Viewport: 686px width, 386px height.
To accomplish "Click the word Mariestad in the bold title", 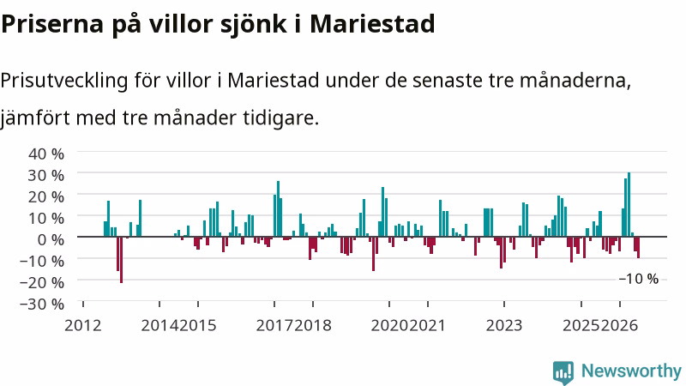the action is [372, 24].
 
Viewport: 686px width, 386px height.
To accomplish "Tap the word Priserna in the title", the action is [51, 24].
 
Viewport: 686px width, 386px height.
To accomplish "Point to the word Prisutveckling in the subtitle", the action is [63, 81].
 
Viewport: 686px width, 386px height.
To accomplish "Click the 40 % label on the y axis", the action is [46, 154].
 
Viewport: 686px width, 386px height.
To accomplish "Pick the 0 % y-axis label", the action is [51, 239].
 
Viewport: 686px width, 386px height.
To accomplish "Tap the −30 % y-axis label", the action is [41, 304].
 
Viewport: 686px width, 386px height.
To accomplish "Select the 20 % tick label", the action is [46, 196].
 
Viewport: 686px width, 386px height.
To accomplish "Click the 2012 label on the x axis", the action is [82, 326].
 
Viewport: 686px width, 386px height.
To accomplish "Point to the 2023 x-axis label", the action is [504, 326].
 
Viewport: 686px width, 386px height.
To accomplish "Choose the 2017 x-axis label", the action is [274, 326].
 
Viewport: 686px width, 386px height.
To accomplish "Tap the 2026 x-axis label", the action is [619, 326].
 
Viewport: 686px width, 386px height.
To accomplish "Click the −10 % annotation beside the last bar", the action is [638, 279].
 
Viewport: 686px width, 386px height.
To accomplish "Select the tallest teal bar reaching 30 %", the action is [629, 204].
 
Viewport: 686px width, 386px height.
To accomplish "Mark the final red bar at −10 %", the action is [638, 247].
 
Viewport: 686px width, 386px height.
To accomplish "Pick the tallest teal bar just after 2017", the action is [278, 208].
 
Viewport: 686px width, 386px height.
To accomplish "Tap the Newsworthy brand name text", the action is [631, 371].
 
